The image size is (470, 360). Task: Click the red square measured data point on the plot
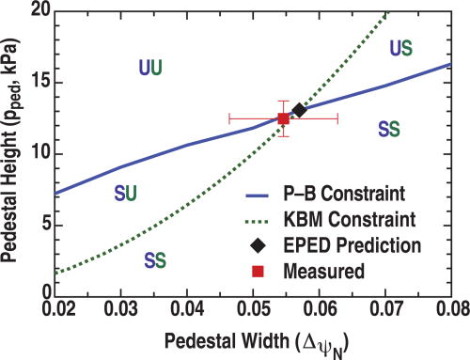283,118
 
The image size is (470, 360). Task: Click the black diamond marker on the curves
299,110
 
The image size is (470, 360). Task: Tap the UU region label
149,67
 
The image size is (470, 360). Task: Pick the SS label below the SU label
155,259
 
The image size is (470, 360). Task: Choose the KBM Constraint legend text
343,221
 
